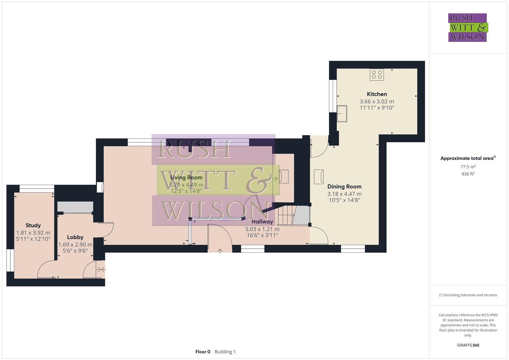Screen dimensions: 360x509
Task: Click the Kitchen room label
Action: (377, 94)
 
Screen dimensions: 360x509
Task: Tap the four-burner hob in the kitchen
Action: (377, 74)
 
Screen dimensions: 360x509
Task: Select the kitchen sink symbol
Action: (342, 113)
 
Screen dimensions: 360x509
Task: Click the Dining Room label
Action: (344, 186)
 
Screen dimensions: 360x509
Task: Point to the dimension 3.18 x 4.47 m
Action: (344, 194)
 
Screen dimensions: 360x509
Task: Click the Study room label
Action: (33, 225)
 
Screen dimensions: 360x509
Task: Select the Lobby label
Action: (75, 237)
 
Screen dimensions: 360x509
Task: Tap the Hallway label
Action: (262, 221)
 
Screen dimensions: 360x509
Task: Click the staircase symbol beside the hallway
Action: (286, 216)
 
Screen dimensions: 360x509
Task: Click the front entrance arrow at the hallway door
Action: (220, 251)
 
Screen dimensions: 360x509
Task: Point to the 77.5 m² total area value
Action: (468, 167)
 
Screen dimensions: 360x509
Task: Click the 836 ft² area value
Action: (468, 174)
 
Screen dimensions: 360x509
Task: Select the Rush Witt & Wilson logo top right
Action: (467, 27)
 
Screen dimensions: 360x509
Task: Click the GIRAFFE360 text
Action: (468, 345)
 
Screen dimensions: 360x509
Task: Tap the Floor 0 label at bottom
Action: (203, 352)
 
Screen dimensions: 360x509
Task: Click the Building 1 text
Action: (225, 352)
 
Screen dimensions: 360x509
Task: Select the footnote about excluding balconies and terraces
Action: (468, 295)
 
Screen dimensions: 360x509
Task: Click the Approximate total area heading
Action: (468, 158)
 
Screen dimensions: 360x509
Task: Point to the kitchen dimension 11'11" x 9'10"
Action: (377, 108)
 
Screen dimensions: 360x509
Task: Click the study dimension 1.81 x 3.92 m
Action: (33, 233)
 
